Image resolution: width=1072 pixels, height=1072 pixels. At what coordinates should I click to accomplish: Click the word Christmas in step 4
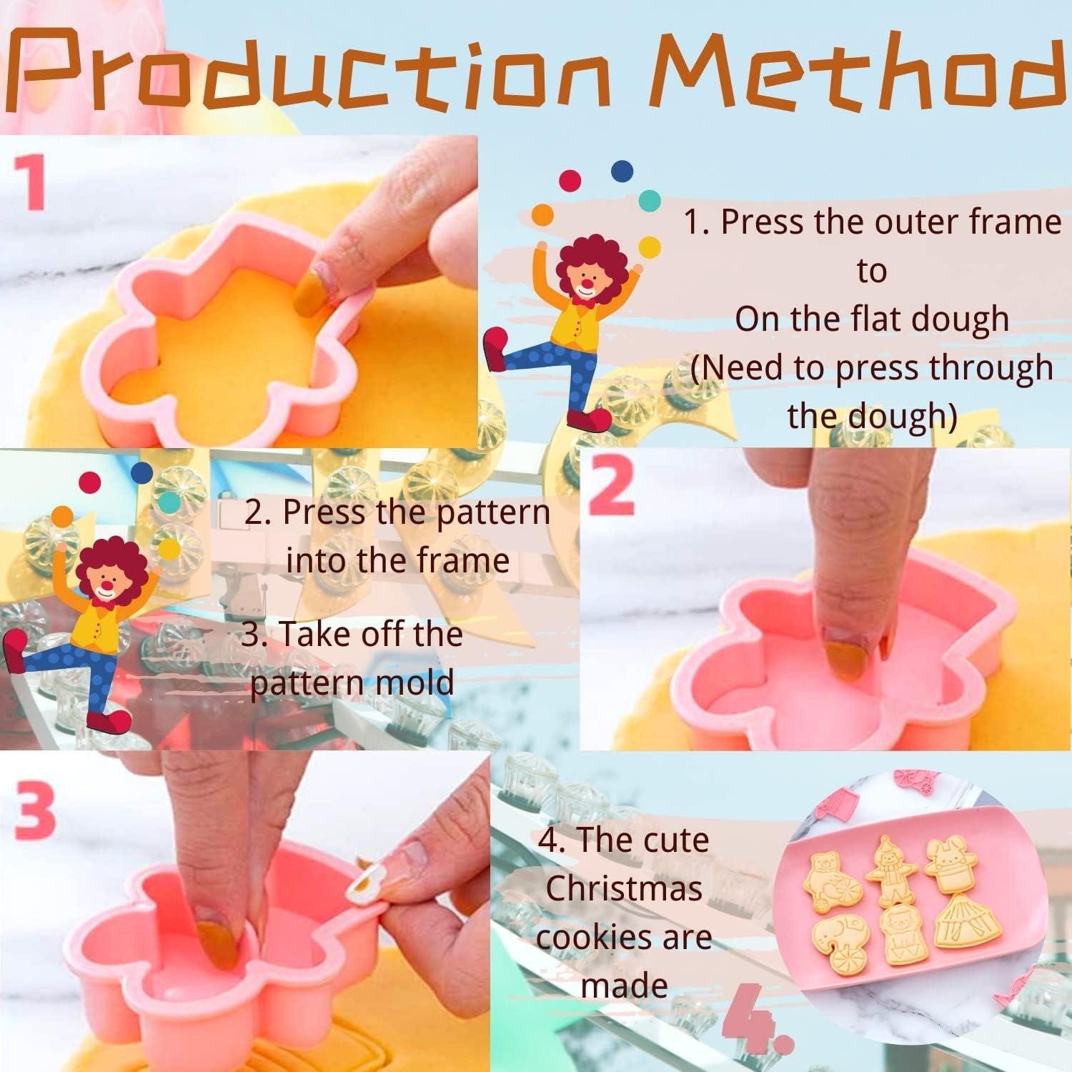tap(624, 888)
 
